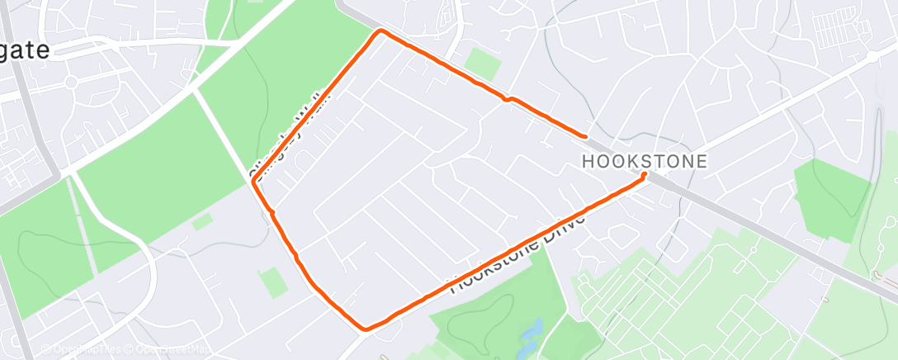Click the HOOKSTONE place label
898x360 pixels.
pyautogui.click(x=645, y=162)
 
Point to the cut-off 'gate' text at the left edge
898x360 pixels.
pyautogui.click(x=25, y=50)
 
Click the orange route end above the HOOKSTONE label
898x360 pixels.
pyautogui.click(x=585, y=135)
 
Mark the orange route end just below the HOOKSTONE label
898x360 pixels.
pyautogui.click(x=644, y=175)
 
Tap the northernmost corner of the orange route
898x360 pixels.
pyautogui.click(x=380, y=31)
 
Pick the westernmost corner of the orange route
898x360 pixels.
pyautogui.click(x=253, y=183)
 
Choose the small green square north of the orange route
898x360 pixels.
pyautogui.click(x=481, y=64)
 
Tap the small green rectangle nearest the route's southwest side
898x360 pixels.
pyautogui.click(x=272, y=283)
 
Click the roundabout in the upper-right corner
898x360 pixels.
pyautogui.click(x=872, y=56)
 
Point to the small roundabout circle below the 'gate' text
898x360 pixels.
pyautogui.click(x=69, y=83)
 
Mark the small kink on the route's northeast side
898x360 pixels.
pyautogui.click(x=509, y=99)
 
